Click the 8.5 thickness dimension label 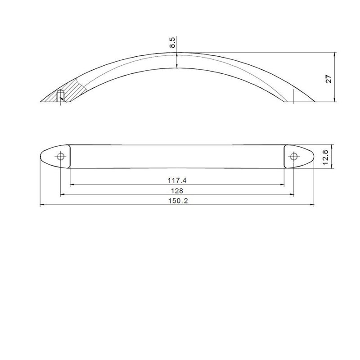point(172,42)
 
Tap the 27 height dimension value point(329,79)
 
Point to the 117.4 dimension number point(177,180)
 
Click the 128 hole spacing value point(177,190)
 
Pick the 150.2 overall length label point(178,201)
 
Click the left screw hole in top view point(61,157)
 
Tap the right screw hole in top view point(294,157)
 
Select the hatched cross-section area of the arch point(69,91)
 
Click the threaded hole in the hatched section point(60,96)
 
